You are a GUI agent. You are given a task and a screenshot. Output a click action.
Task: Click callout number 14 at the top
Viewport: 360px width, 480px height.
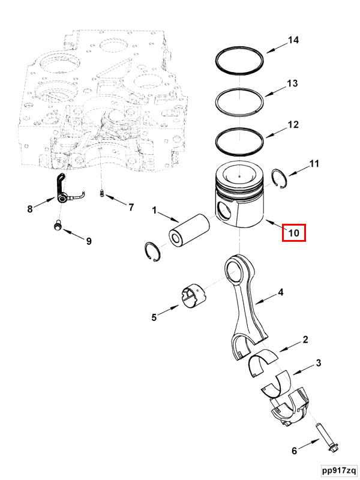[x=293, y=40]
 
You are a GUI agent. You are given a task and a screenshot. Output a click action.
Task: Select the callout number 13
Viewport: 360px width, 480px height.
[x=292, y=83]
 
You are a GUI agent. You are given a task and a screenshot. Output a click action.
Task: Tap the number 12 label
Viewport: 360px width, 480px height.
[x=293, y=125]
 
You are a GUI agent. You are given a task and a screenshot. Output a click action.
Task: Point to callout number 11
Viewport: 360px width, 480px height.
[x=314, y=163]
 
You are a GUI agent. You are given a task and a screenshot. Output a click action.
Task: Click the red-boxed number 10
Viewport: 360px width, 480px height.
[x=294, y=232]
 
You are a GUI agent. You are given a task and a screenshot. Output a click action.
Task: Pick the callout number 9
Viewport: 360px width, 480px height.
[x=88, y=241]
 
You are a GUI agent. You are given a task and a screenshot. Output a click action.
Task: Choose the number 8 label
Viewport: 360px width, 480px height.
[x=29, y=209]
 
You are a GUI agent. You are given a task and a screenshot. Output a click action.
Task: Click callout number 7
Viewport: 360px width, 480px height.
[x=131, y=208]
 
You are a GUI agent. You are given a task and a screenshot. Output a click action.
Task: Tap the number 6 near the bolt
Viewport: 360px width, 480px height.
[x=294, y=450]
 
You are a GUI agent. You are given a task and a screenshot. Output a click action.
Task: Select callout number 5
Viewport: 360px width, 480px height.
[x=154, y=316]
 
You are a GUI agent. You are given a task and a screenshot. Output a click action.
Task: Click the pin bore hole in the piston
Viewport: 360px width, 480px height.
[x=226, y=211]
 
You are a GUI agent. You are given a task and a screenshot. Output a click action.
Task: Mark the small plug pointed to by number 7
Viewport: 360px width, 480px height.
[x=102, y=193]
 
